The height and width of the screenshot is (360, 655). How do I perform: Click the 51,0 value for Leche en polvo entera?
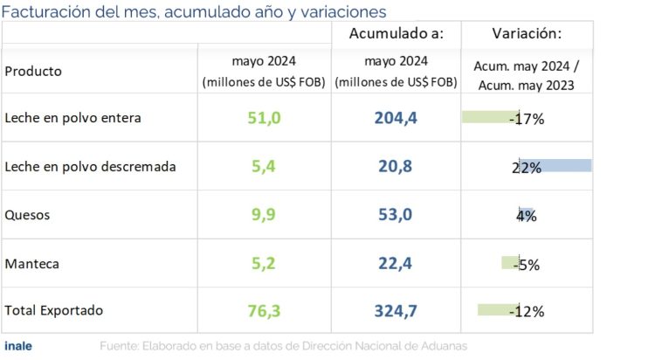click(263, 118)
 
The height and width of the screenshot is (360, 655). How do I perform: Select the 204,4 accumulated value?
click(396, 118)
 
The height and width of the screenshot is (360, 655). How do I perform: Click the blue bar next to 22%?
click(556, 166)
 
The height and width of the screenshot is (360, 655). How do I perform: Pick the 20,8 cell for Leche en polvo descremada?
click(396, 166)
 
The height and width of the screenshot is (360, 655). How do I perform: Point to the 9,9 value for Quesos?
click(263, 215)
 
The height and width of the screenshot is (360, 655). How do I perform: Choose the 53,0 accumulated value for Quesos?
click(396, 215)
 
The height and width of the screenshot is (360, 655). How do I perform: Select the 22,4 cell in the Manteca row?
click(396, 263)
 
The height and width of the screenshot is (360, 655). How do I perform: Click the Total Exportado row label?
click(54, 311)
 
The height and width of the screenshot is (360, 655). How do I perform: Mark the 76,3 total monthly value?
click(263, 311)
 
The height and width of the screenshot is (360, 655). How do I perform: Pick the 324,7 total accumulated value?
click(396, 311)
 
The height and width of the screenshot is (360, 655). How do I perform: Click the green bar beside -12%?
click(498, 309)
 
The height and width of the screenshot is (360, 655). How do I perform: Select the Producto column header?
click(33, 72)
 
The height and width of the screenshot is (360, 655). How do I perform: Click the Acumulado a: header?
click(396, 34)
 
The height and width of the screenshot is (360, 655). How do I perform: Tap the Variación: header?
click(527, 34)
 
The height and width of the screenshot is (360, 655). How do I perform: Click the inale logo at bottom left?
click(18, 346)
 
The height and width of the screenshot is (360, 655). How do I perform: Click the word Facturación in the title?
click(44, 11)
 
